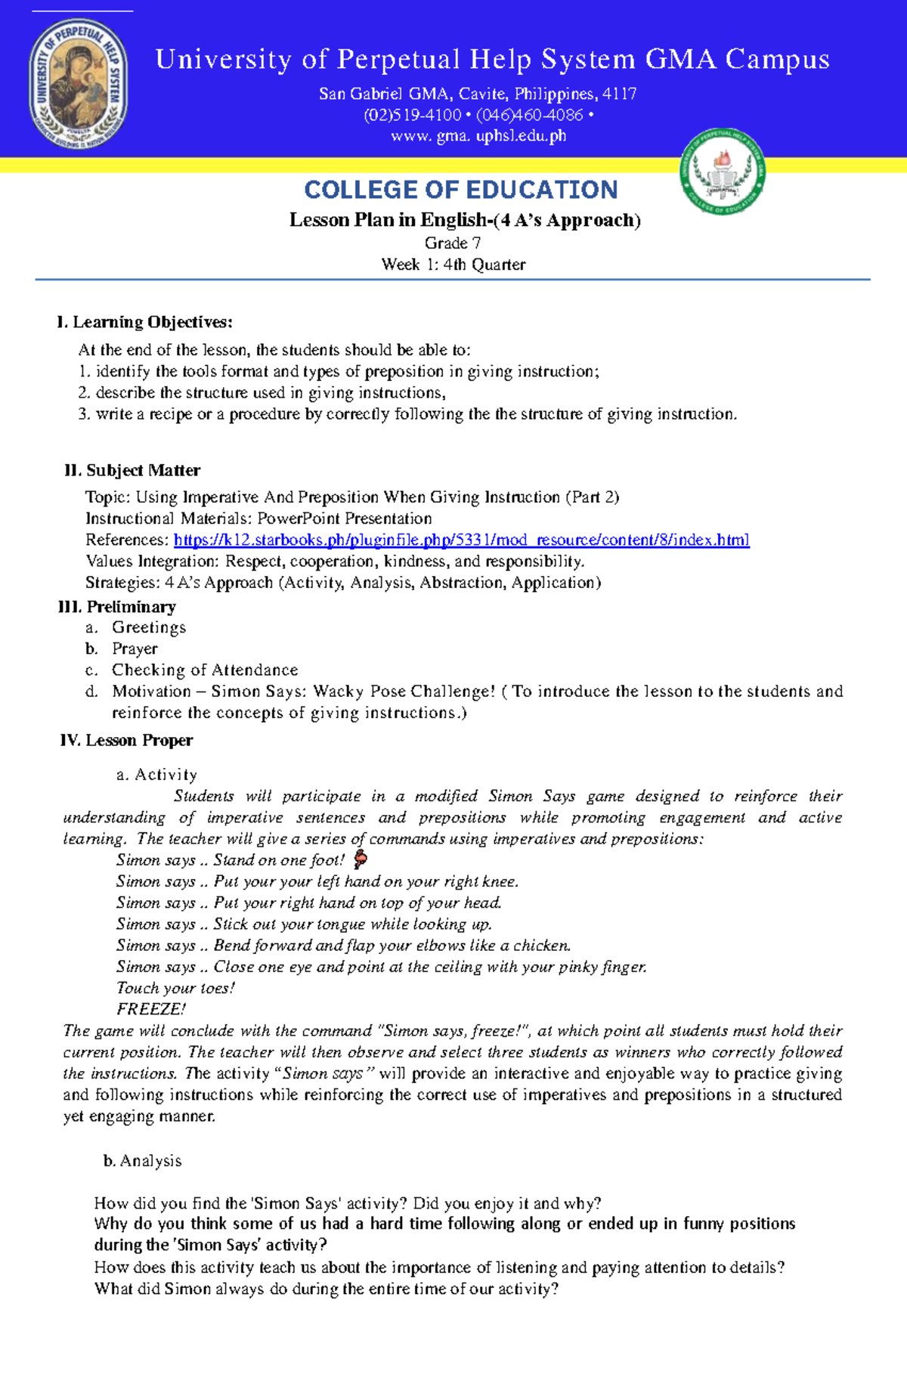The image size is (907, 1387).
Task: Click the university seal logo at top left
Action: [79, 83]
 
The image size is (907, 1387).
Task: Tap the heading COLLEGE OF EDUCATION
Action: [460, 190]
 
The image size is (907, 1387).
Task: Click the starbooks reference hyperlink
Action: [461, 540]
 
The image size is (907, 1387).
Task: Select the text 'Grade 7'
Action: [453, 243]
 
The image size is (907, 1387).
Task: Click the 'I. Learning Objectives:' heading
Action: [144, 323]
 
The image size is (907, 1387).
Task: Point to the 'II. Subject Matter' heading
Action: [132, 471]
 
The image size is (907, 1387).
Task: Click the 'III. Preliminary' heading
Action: [117, 607]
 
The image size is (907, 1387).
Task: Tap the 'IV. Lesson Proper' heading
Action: [126, 741]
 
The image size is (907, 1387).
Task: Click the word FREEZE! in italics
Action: [151, 1010]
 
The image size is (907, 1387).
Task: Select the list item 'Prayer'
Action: [135, 649]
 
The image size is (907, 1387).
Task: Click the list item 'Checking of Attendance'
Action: [205, 670]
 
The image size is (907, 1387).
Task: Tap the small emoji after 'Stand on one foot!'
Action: [361, 859]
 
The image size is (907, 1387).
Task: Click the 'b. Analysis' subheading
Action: [143, 1161]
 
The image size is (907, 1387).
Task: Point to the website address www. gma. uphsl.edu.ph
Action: [478, 137]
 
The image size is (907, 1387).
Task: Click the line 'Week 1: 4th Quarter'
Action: [453, 265]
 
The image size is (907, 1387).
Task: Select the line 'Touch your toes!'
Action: [175, 989]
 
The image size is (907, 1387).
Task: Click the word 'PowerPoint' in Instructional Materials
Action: [299, 519]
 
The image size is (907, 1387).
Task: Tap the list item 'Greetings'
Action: [149, 627]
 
